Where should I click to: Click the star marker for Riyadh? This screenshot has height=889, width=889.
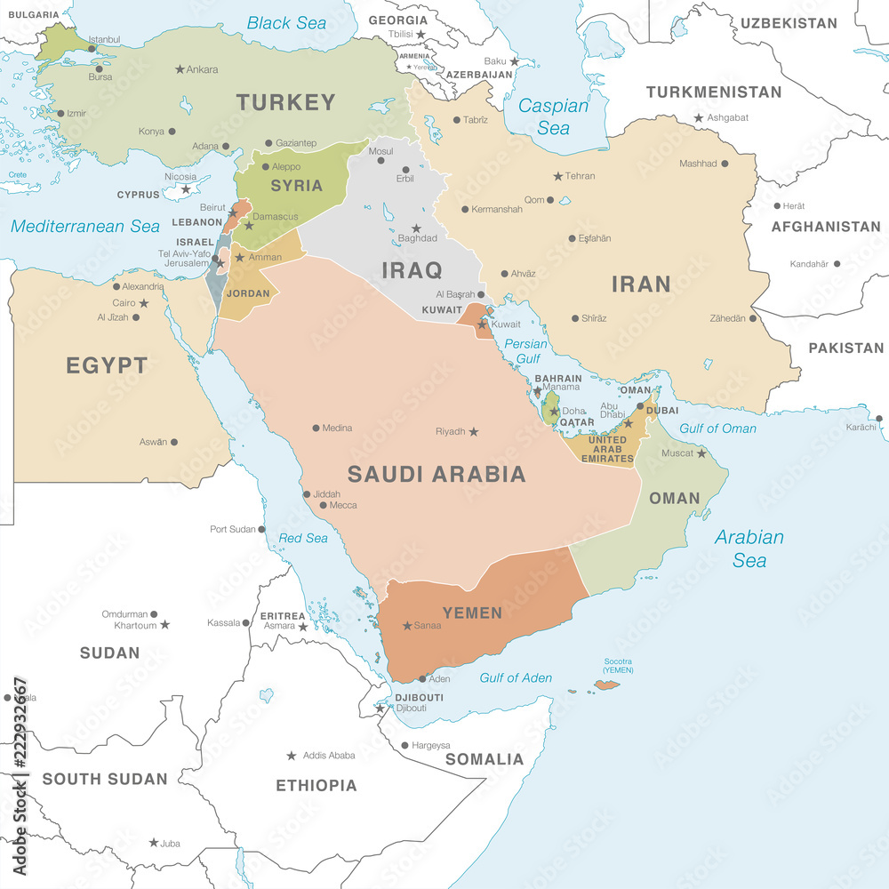click(473, 432)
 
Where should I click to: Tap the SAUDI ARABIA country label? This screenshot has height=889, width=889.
click(436, 474)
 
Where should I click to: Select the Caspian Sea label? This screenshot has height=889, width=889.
click(553, 116)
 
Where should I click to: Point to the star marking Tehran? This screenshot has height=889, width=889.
click(557, 176)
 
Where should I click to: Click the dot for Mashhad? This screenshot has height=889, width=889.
click(725, 164)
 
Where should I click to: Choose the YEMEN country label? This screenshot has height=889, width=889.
click(472, 613)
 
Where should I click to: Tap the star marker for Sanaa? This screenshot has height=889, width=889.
click(407, 626)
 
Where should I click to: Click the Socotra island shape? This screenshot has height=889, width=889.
click(606, 685)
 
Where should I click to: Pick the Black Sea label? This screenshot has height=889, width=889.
click(286, 23)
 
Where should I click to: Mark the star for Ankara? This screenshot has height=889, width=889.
click(180, 69)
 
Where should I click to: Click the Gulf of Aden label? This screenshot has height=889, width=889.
click(516, 677)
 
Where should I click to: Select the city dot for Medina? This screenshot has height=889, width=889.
click(316, 428)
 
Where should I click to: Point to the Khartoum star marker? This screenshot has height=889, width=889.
click(164, 625)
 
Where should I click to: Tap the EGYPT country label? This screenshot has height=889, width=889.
click(106, 365)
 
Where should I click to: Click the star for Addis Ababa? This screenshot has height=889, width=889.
click(291, 756)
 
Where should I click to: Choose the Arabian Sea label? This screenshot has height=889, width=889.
click(749, 549)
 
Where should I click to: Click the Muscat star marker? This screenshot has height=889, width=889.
click(701, 453)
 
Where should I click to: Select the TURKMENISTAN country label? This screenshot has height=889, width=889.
click(713, 92)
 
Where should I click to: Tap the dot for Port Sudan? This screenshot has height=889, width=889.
click(262, 529)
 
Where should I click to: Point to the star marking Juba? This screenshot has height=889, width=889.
click(154, 843)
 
